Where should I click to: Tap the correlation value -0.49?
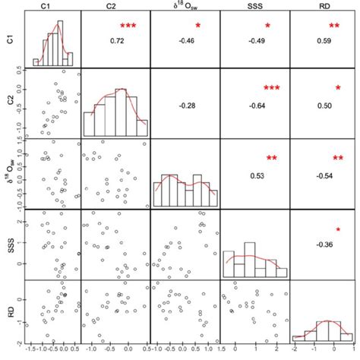coord(256,39)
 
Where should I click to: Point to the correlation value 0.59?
coord(324,39)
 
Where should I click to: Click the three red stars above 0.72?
coord(128,27)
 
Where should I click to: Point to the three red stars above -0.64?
coord(271,89)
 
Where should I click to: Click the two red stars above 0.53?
coord(272,158)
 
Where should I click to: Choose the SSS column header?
coord(256,6)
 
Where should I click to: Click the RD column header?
coord(324,6)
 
